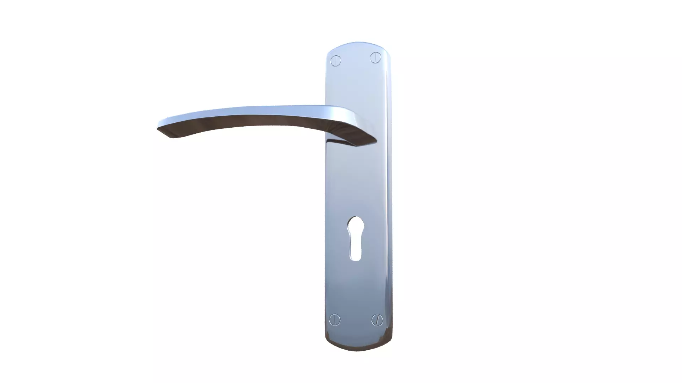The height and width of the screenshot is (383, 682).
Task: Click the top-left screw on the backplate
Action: coord(335,61)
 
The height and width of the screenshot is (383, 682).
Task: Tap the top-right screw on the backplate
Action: coord(375,57)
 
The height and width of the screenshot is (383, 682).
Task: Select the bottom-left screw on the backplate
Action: coord(335,320)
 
